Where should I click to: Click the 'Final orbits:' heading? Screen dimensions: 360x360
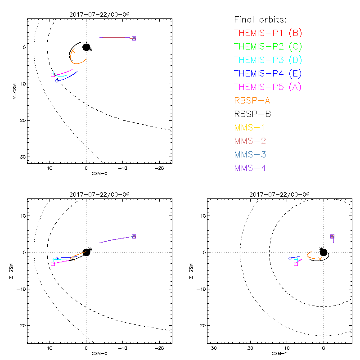[261, 19]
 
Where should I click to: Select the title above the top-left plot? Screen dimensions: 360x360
[99, 14]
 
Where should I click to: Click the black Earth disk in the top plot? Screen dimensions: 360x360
[86, 47]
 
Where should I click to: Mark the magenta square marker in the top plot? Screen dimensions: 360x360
[53, 75]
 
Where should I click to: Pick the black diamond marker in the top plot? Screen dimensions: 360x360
[57, 80]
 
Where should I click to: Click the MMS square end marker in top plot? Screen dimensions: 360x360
[134, 38]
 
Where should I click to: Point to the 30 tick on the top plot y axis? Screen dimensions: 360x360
[22, 156]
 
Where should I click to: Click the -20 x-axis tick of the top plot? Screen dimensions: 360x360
[159, 167]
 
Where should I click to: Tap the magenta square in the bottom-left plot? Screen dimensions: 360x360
[53, 264]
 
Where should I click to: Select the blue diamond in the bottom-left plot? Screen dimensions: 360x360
[57, 258]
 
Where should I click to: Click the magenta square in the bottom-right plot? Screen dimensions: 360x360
[296, 264]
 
